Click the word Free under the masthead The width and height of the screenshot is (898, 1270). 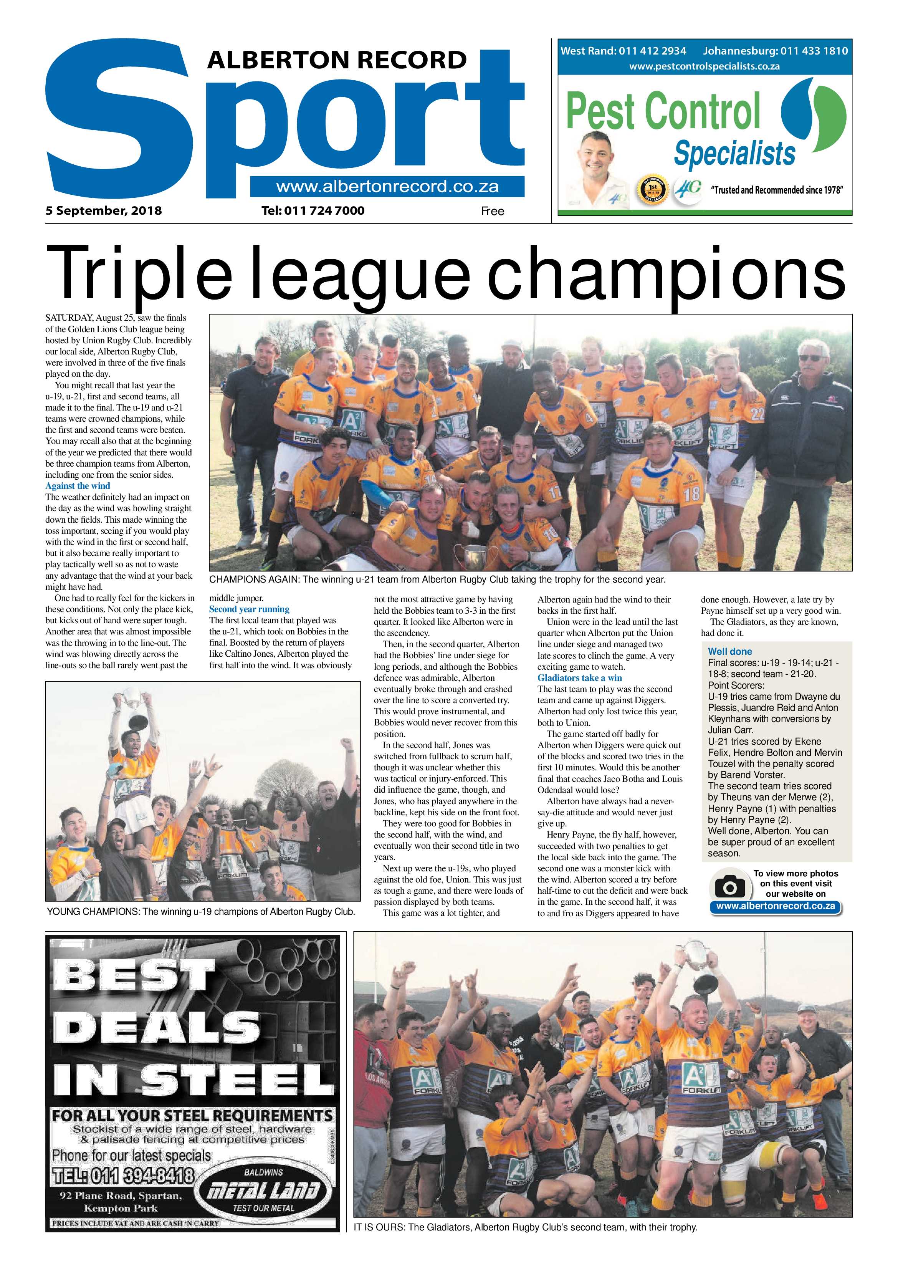pos(492,211)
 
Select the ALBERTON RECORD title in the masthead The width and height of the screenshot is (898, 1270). pos(337,60)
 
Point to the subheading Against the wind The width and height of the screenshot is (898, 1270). pos(78,486)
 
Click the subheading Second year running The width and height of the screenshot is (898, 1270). pos(250,609)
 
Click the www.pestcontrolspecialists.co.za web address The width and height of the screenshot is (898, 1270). pos(705,66)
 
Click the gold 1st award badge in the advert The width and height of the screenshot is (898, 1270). pos(653,190)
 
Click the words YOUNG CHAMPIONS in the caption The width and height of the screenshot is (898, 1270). pos(93,912)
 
